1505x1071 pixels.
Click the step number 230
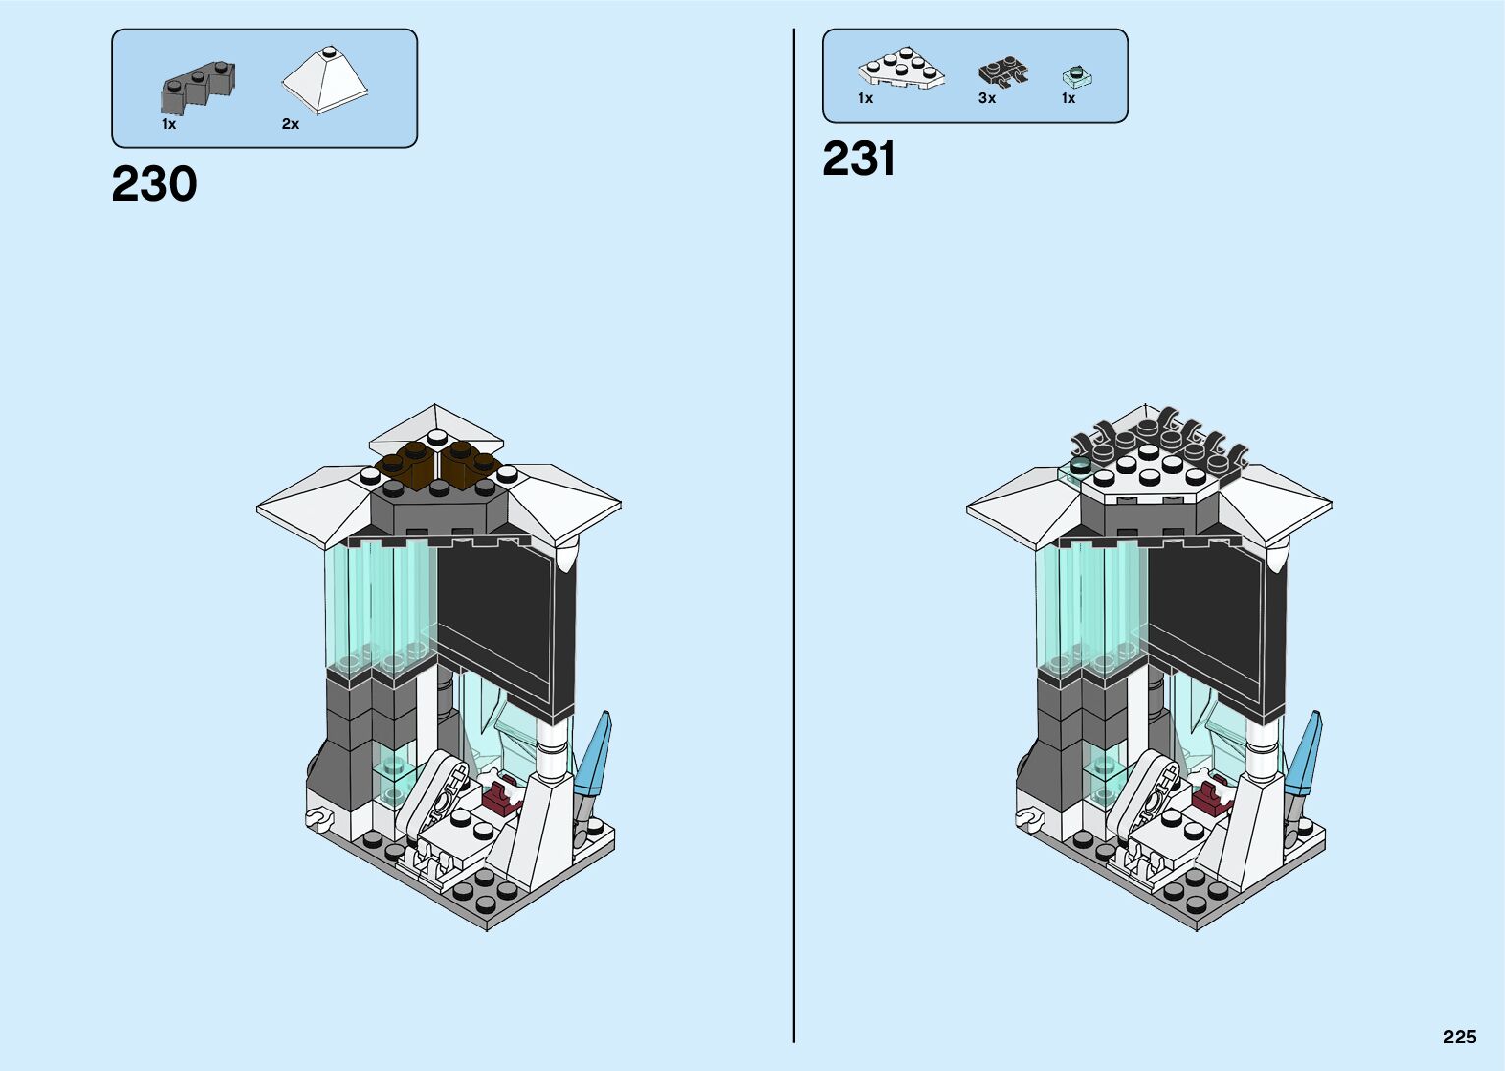[154, 185]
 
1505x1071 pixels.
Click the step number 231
[858, 159]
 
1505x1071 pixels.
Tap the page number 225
[1459, 1038]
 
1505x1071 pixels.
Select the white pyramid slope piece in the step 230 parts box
[323, 80]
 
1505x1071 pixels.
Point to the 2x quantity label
[290, 124]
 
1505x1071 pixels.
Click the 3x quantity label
[987, 98]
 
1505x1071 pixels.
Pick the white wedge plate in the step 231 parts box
[901, 70]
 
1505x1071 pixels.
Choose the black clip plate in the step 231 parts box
[1002, 72]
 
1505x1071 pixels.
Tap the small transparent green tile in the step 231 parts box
[1077, 75]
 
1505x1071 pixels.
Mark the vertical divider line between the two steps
[794, 535]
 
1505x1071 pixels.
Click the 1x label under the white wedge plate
[865, 98]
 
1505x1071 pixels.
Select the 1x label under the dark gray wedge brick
[169, 125]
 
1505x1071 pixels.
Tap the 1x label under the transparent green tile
[1069, 98]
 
